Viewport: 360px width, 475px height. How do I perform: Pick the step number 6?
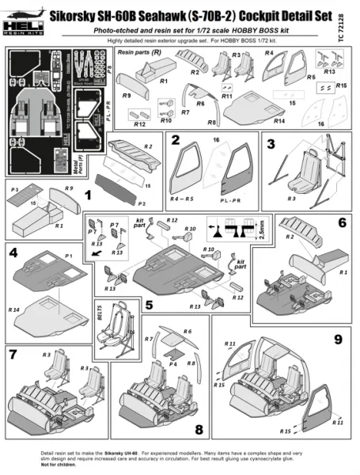pos(342,223)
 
